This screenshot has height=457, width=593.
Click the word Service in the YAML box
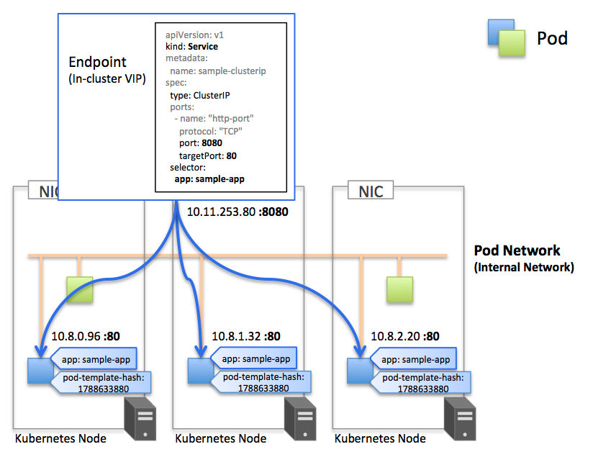pos(203,47)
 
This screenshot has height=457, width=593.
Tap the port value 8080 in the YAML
pos(212,143)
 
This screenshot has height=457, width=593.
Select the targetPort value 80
pos(232,156)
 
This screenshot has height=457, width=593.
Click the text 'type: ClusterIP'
pos(199,95)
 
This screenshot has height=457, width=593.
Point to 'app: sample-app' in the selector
pos(209,179)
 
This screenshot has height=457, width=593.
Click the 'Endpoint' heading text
pos(98,62)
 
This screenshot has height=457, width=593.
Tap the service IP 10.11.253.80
pos(221,212)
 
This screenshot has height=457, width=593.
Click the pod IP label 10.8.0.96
pos(76,336)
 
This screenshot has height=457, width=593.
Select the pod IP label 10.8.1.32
pos(236,336)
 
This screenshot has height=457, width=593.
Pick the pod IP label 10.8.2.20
pos(395,336)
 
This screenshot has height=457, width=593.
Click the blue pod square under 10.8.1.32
pos(201,371)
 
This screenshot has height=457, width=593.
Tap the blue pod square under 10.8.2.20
pos(360,371)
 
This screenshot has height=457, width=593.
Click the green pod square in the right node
pos(399,290)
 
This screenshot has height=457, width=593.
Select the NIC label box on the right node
pos(371,190)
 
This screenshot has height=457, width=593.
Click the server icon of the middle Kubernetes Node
pos(300,419)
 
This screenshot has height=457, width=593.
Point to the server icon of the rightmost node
pos(460,419)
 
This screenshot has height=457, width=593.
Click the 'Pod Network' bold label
pos(517,250)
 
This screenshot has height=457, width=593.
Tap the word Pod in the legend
pos(552,38)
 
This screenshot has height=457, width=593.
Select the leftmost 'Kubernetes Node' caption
pos(60,438)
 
